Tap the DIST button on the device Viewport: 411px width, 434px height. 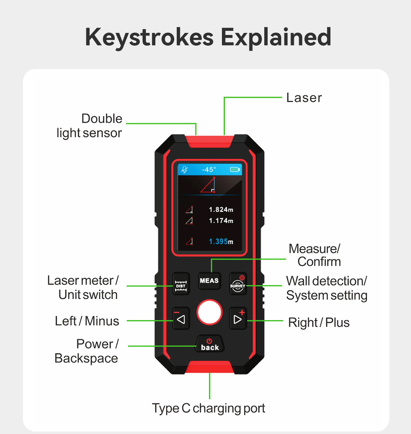pyautogui.click(x=181, y=283)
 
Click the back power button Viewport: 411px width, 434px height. pyautogui.click(x=210, y=345)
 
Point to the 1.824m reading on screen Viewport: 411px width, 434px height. pyautogui.click(x=221, y=210)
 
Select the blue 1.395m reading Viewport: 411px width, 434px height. pyautogui.click(x=221, y=241)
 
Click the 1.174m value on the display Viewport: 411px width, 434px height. pyautogui.click(x=221, y=221)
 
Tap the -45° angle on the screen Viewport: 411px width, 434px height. pyautogui.click(x=209, y=169)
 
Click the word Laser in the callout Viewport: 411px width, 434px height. pyautogui.click(x=304, y=98)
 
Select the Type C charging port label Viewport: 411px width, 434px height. pyautogui.click(x=208, y=408)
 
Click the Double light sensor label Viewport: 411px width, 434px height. pyautogui.click(x=90, y=125)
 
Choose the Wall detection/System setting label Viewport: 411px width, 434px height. pyautogui.click(x=326, y=288)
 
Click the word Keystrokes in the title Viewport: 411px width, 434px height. pyautogui.click(x=150, y=37)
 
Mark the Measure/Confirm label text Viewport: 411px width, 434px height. pyautogui.click(x=315, y=255)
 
